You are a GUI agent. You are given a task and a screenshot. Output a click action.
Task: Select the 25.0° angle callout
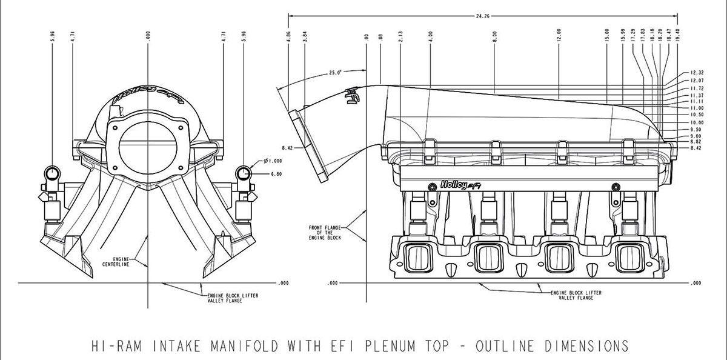pyautogui.click(x=335, y=72)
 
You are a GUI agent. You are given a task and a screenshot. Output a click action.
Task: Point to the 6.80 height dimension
pyautogui.click(x=276, y=174)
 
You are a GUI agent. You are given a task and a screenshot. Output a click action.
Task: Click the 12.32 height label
pyautogui.click(x=696, y=72)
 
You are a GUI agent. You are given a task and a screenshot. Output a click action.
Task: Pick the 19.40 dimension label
pyautogui.click(x=676, y=35)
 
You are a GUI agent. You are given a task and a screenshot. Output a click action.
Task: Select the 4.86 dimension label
pyautogui.click(x=289, y=36)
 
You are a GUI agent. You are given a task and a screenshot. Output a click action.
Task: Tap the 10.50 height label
pyautogui.click(x=696, y=114)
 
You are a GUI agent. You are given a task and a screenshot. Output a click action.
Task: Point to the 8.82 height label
pyautogui.click(x=695, y=142)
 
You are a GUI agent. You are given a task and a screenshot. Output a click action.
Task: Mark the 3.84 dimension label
pyautogui.click(x=305, y=36)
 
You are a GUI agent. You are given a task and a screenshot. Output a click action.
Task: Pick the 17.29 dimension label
pyautogui.click(x=633, y=35)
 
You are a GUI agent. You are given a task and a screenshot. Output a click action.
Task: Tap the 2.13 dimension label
pyautogui.click(x=401, y=36)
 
